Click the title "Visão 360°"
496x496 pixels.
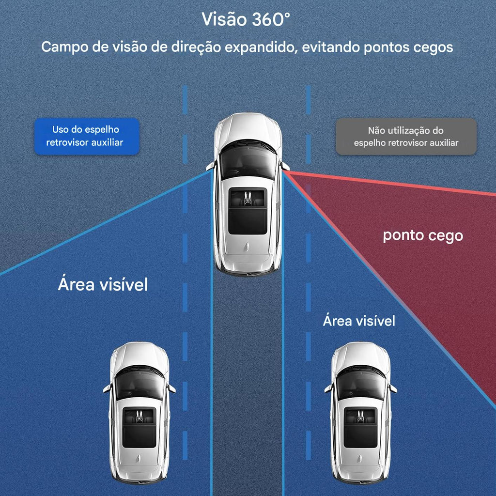pos(246,20)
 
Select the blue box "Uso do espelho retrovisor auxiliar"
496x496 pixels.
pos(86,136)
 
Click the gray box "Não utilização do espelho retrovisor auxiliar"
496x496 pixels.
pos(406,136)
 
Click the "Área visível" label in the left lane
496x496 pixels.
pos(103,284)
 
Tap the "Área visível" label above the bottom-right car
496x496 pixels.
pos(359,320)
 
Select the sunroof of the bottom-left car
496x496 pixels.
pos(139,427)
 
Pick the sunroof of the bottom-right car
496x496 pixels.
pos(360,427)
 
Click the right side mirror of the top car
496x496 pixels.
pos(285,166)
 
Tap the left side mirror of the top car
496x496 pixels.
pos(210,166)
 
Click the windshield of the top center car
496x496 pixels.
pos(248,160)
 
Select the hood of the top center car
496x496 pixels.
pos(248,128)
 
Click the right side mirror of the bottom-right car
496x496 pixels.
pos(393,388)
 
